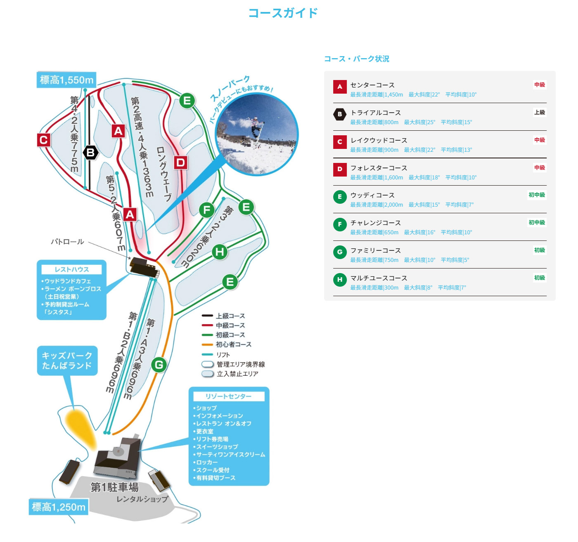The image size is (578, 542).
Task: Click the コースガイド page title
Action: [283, 13]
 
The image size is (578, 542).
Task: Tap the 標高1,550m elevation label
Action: [66, 80]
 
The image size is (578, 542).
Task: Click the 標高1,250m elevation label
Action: [59, 507]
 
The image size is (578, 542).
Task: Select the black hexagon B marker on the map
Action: [90, 153]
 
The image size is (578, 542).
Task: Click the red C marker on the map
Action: [43, 140]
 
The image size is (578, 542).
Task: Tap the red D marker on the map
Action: [180, 163]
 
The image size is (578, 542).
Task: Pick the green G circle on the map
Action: [159, 365]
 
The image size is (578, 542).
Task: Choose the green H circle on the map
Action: [220, 252]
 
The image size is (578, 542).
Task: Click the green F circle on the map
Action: [207, 210]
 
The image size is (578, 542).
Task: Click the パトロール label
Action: [67, 242]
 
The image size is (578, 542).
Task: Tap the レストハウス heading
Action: [72, 269]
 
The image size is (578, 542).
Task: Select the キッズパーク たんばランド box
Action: [67, 361]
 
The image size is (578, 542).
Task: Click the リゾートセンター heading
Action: [229, 396]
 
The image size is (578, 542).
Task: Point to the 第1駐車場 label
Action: [114, 487]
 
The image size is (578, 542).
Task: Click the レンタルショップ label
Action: [142, 499]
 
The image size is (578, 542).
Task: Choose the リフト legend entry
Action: [223, 355]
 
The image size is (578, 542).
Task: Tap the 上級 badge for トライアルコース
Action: [539, 112]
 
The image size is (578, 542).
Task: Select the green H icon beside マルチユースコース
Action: [340, 280]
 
